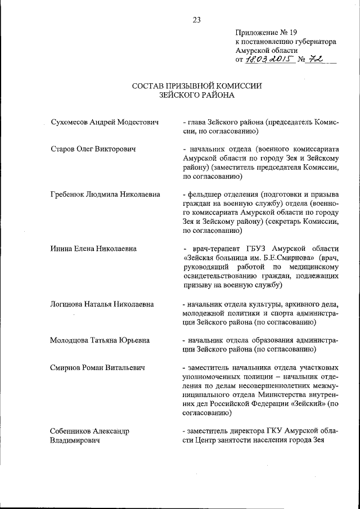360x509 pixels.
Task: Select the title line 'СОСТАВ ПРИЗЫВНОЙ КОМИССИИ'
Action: pos(196,86)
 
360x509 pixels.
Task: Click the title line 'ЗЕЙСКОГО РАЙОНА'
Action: pos(196,96)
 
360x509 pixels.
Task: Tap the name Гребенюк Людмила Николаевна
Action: pos(104,195)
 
